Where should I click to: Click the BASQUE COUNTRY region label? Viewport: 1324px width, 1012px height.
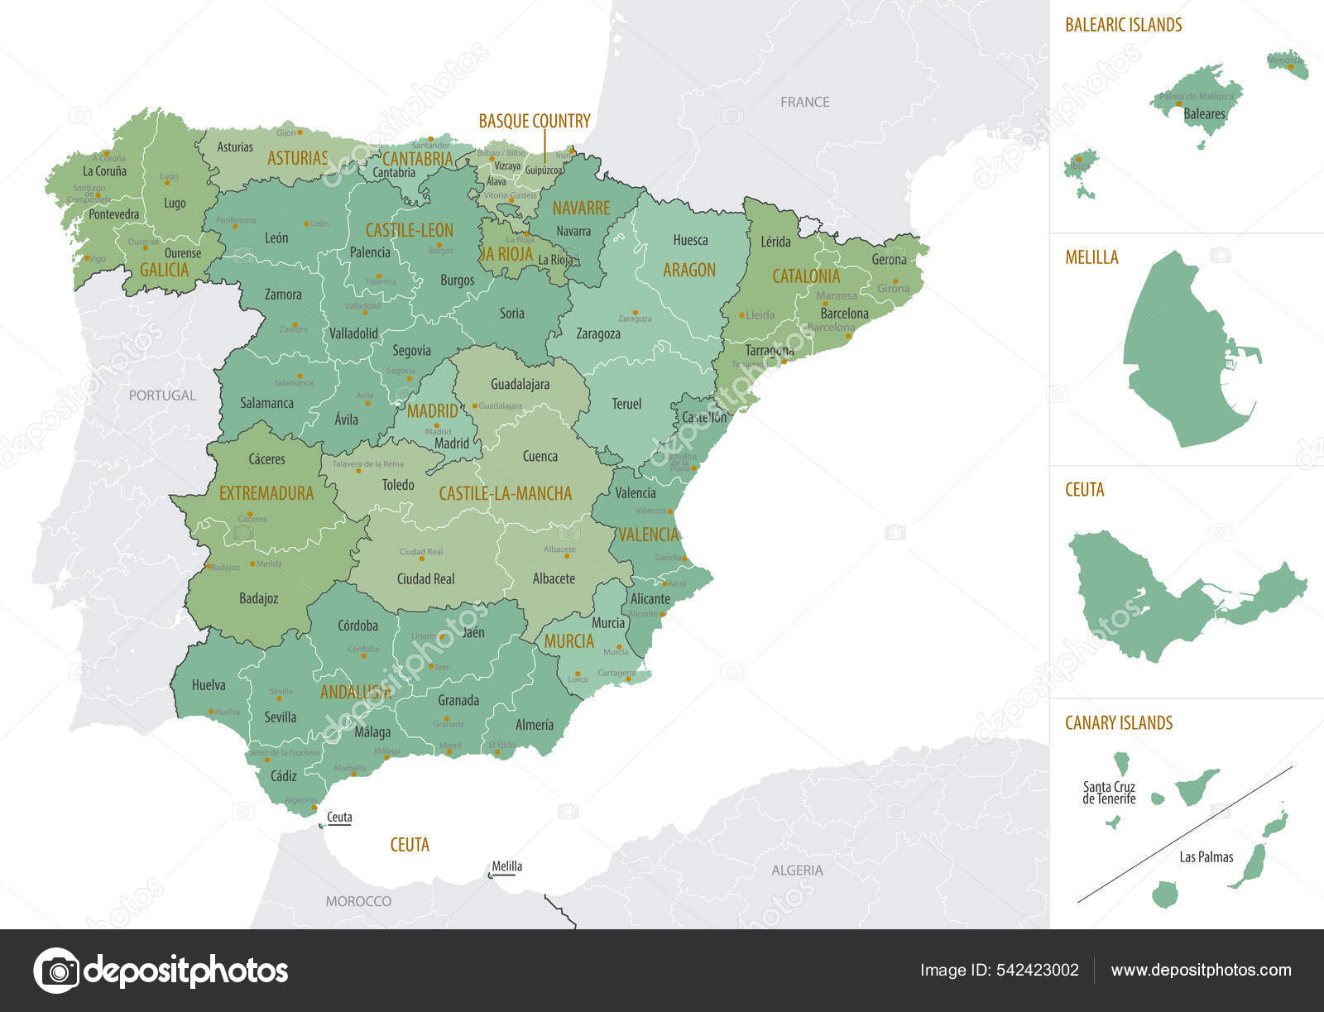point(535,121)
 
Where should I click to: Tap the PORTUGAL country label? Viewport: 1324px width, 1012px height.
point(163,396)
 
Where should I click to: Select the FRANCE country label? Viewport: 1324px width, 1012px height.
point(804,102)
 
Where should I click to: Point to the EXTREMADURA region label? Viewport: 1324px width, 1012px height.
point(266,493)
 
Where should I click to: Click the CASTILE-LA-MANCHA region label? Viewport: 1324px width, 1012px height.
point(505,494)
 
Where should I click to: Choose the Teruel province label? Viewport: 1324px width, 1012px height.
point(626,404)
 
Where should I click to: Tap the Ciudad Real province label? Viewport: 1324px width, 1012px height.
point(425,579)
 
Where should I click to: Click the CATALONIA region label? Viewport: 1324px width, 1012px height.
point(805,276)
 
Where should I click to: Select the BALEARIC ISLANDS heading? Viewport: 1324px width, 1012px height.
point(1123,25)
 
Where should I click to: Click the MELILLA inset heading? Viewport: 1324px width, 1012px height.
point(1091,257)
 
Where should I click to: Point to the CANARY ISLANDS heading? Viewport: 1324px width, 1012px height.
point(1118,722)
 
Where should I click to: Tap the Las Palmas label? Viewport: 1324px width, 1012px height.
point(1206,857)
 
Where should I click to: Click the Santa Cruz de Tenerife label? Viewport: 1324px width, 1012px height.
point(1109,793)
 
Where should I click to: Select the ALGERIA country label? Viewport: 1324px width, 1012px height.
point(796,871)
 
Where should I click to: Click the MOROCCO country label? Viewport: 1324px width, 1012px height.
point(358,901)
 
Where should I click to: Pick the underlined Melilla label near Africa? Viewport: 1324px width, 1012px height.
point(506,866)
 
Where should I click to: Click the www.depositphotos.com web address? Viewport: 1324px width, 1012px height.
point(1201,970)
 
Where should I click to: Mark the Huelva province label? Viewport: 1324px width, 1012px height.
point(209,685)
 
